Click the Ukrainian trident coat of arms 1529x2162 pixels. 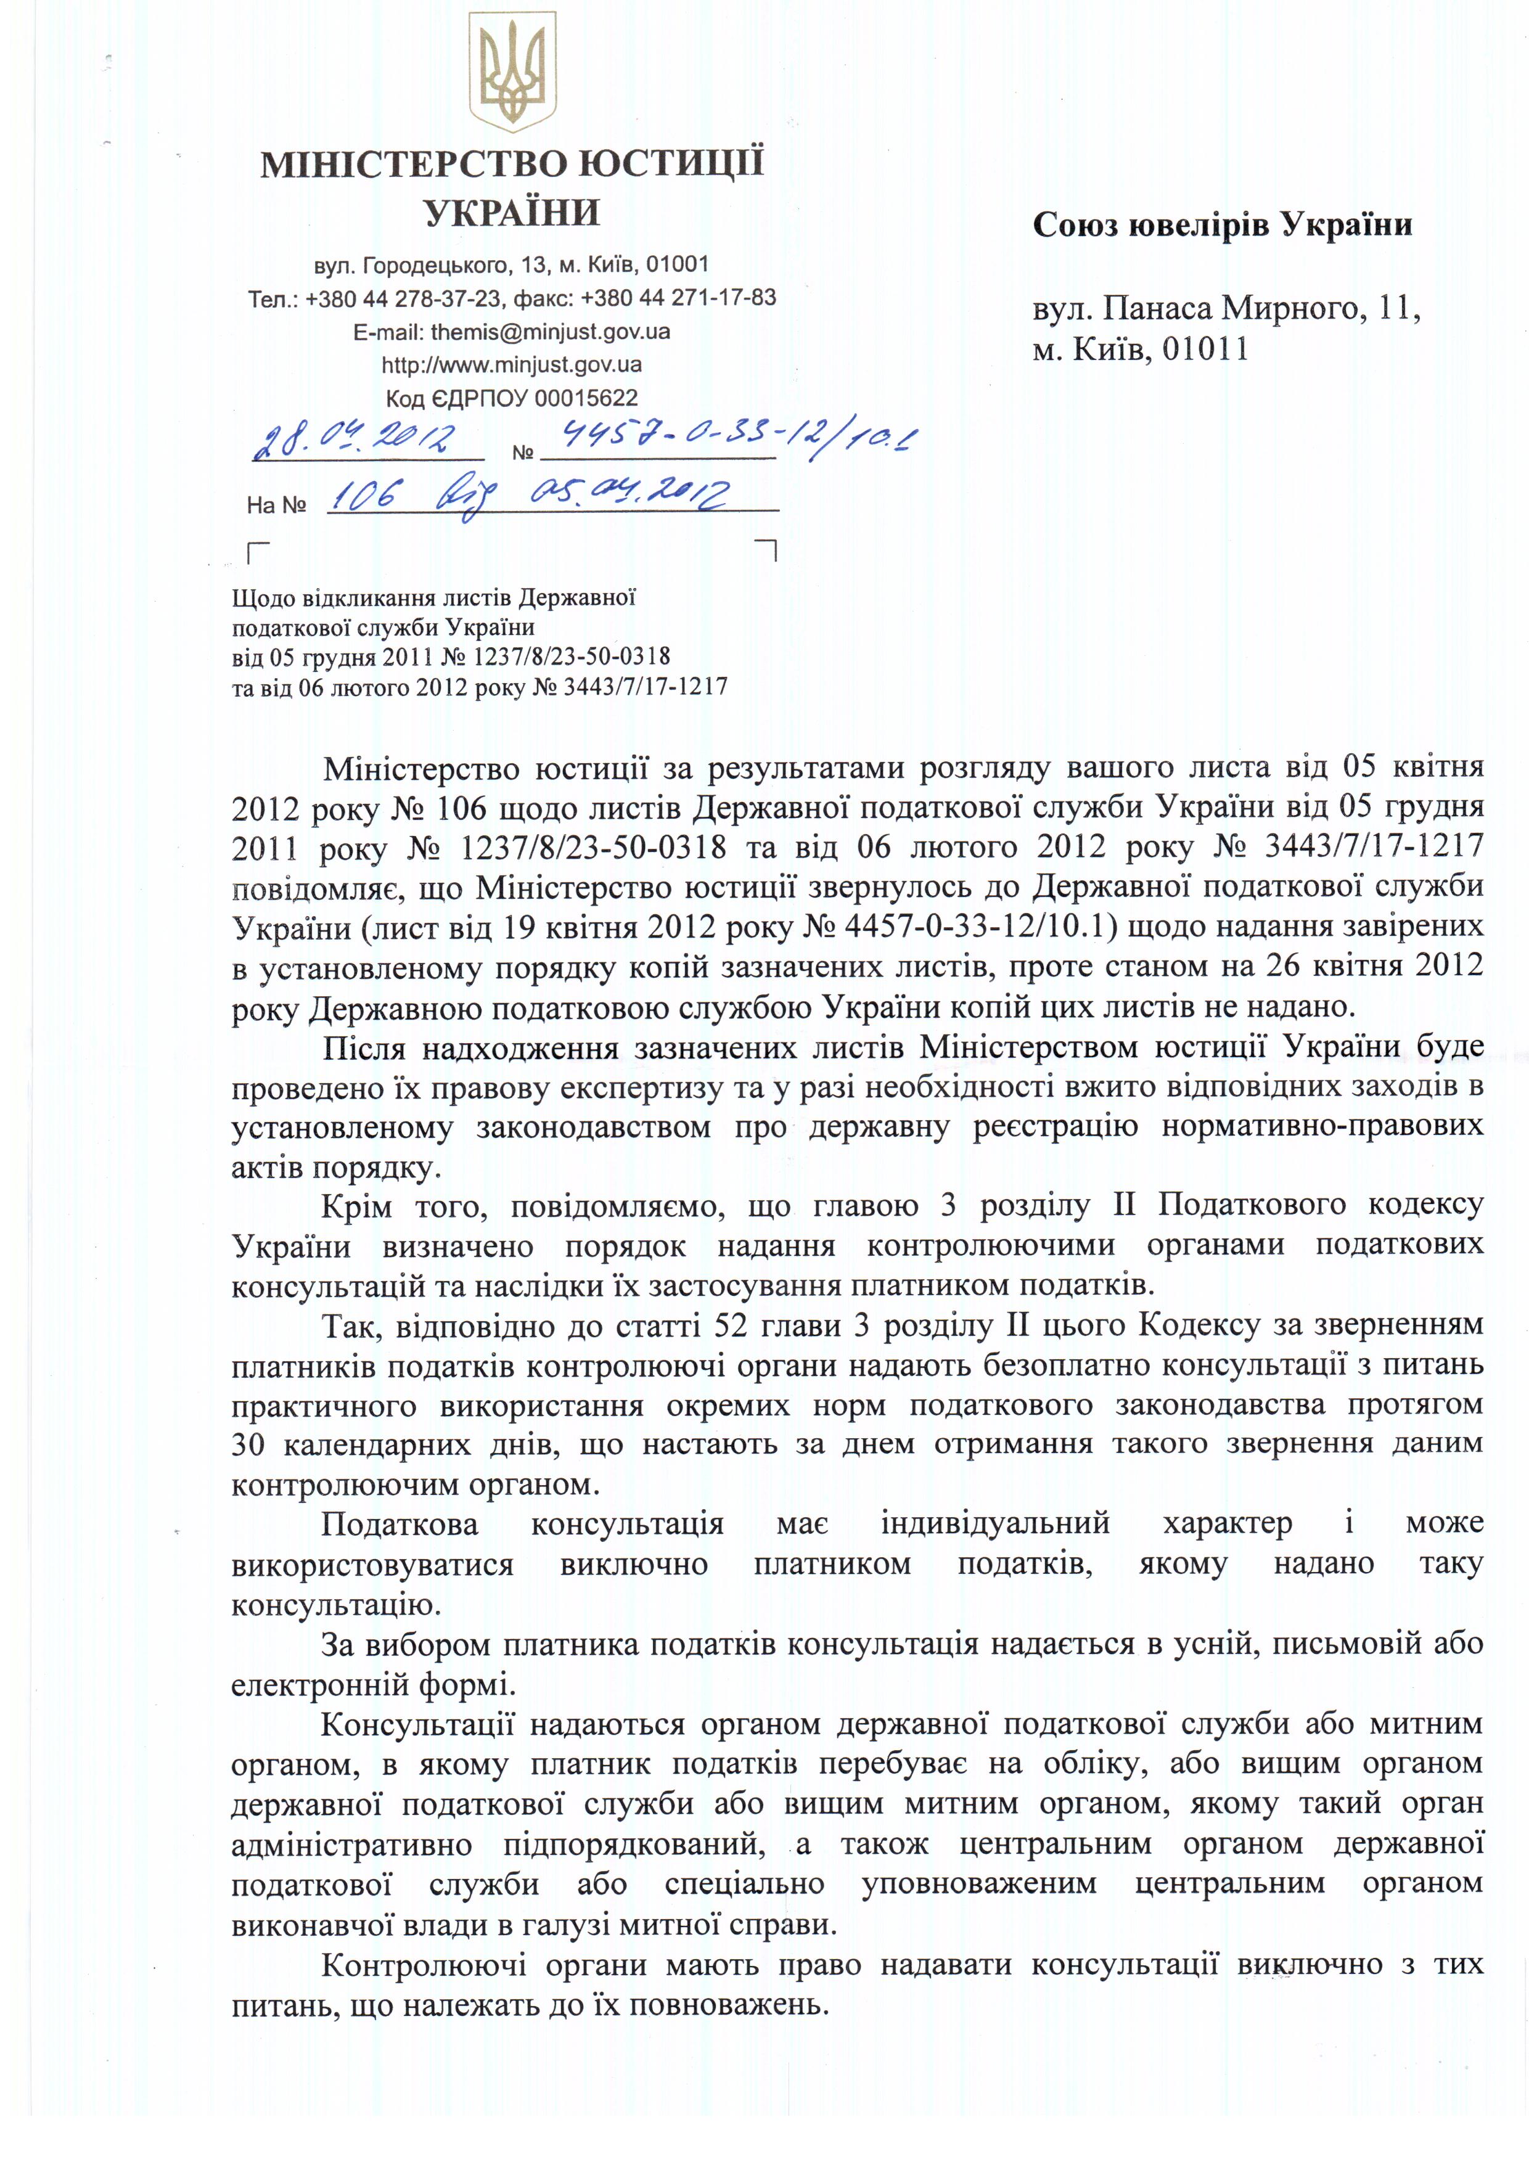click(512, 73)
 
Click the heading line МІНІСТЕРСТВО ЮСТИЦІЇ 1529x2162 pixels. click(511, 164)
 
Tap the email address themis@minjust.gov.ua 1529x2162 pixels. click(550, 332)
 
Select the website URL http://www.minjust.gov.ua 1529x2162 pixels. click(511, 364)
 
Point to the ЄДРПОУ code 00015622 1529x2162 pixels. click(586, 398)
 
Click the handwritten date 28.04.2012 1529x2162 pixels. click(355, 440)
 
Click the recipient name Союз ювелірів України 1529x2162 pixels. click(1222, 225)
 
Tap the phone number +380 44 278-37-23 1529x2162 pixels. click(403, 298)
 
